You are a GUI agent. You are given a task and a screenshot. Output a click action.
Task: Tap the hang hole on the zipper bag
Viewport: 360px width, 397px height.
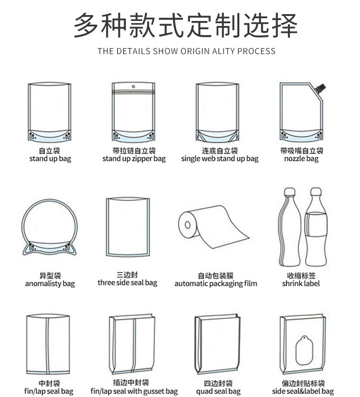pyautogui.click(x=134, y=86)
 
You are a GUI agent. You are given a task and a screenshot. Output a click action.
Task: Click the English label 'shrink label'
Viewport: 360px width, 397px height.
pyautogui.click(x=301, y=284)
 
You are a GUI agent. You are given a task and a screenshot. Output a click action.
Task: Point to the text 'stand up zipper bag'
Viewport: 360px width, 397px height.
pyautogui.click(x=134, y=159)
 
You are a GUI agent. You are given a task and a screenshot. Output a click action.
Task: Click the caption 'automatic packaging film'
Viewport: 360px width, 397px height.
pyautogui.click(x=216, y=284)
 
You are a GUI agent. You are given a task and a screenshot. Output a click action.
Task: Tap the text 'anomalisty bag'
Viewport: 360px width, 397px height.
pyautogui.click(x=50, y=284)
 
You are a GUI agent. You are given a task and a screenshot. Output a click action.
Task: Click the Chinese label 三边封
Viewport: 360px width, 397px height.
pyautogui.click(x=127, y=275)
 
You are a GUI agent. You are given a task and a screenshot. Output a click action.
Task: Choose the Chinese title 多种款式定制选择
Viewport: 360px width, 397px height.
pyautogui.click(x=185, y=26)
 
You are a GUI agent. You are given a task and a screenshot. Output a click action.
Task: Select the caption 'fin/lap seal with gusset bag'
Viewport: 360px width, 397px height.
pyautogui.click(x=134, y=392)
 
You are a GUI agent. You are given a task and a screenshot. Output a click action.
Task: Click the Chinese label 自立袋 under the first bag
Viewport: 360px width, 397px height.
pyautogui.click(x=50, y=150)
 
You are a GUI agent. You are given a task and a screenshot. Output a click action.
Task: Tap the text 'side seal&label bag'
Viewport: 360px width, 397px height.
pyautogui.click(x=303, y=392)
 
